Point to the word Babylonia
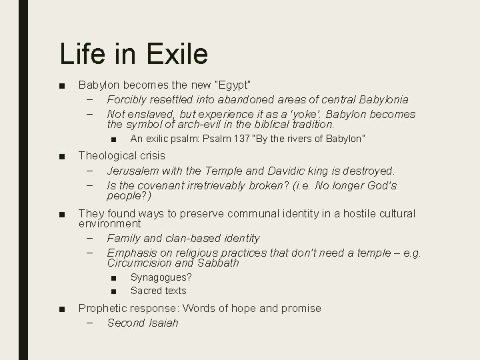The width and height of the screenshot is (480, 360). click(x=379, y=99)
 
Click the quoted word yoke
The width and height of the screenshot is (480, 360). click(x=309, y=113)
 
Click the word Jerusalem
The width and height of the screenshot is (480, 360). click(x=133, y=171)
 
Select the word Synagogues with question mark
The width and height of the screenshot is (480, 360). click(x=161, y=277)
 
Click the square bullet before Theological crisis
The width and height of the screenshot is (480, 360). click(x=61, y=156)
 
